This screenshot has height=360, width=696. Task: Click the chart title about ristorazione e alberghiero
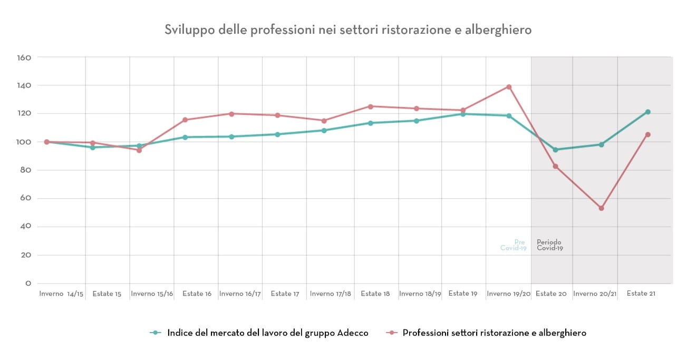(x=348, y=30)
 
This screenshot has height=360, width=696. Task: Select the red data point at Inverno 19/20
(x=509, y=87)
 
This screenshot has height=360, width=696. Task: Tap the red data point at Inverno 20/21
(x=601, y=208)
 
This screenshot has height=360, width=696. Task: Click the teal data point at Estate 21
(x=647, y=112)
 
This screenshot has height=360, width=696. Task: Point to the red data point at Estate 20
(x=555, y=167)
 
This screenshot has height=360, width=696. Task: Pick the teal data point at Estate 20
(x=555, y=150)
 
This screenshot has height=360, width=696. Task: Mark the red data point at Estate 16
(x=185, y=120)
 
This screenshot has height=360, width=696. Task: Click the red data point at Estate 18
(x=370, y=106)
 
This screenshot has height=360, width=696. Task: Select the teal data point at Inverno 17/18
(x=324, y=130)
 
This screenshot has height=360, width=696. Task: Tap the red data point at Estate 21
(x=647, y=134)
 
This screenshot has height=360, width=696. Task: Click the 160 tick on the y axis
(x=25, y=57)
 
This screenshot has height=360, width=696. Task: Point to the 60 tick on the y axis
(x=26, y=199)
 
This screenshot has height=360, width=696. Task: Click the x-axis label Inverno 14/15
(x=61, y=294)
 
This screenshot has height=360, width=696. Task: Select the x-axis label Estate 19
(x=462, y=294)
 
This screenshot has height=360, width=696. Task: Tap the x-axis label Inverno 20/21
(x=595, y=294)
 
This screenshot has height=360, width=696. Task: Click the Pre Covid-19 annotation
(x=514, y=245)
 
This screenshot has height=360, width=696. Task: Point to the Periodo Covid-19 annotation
(x=549, y=245)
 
